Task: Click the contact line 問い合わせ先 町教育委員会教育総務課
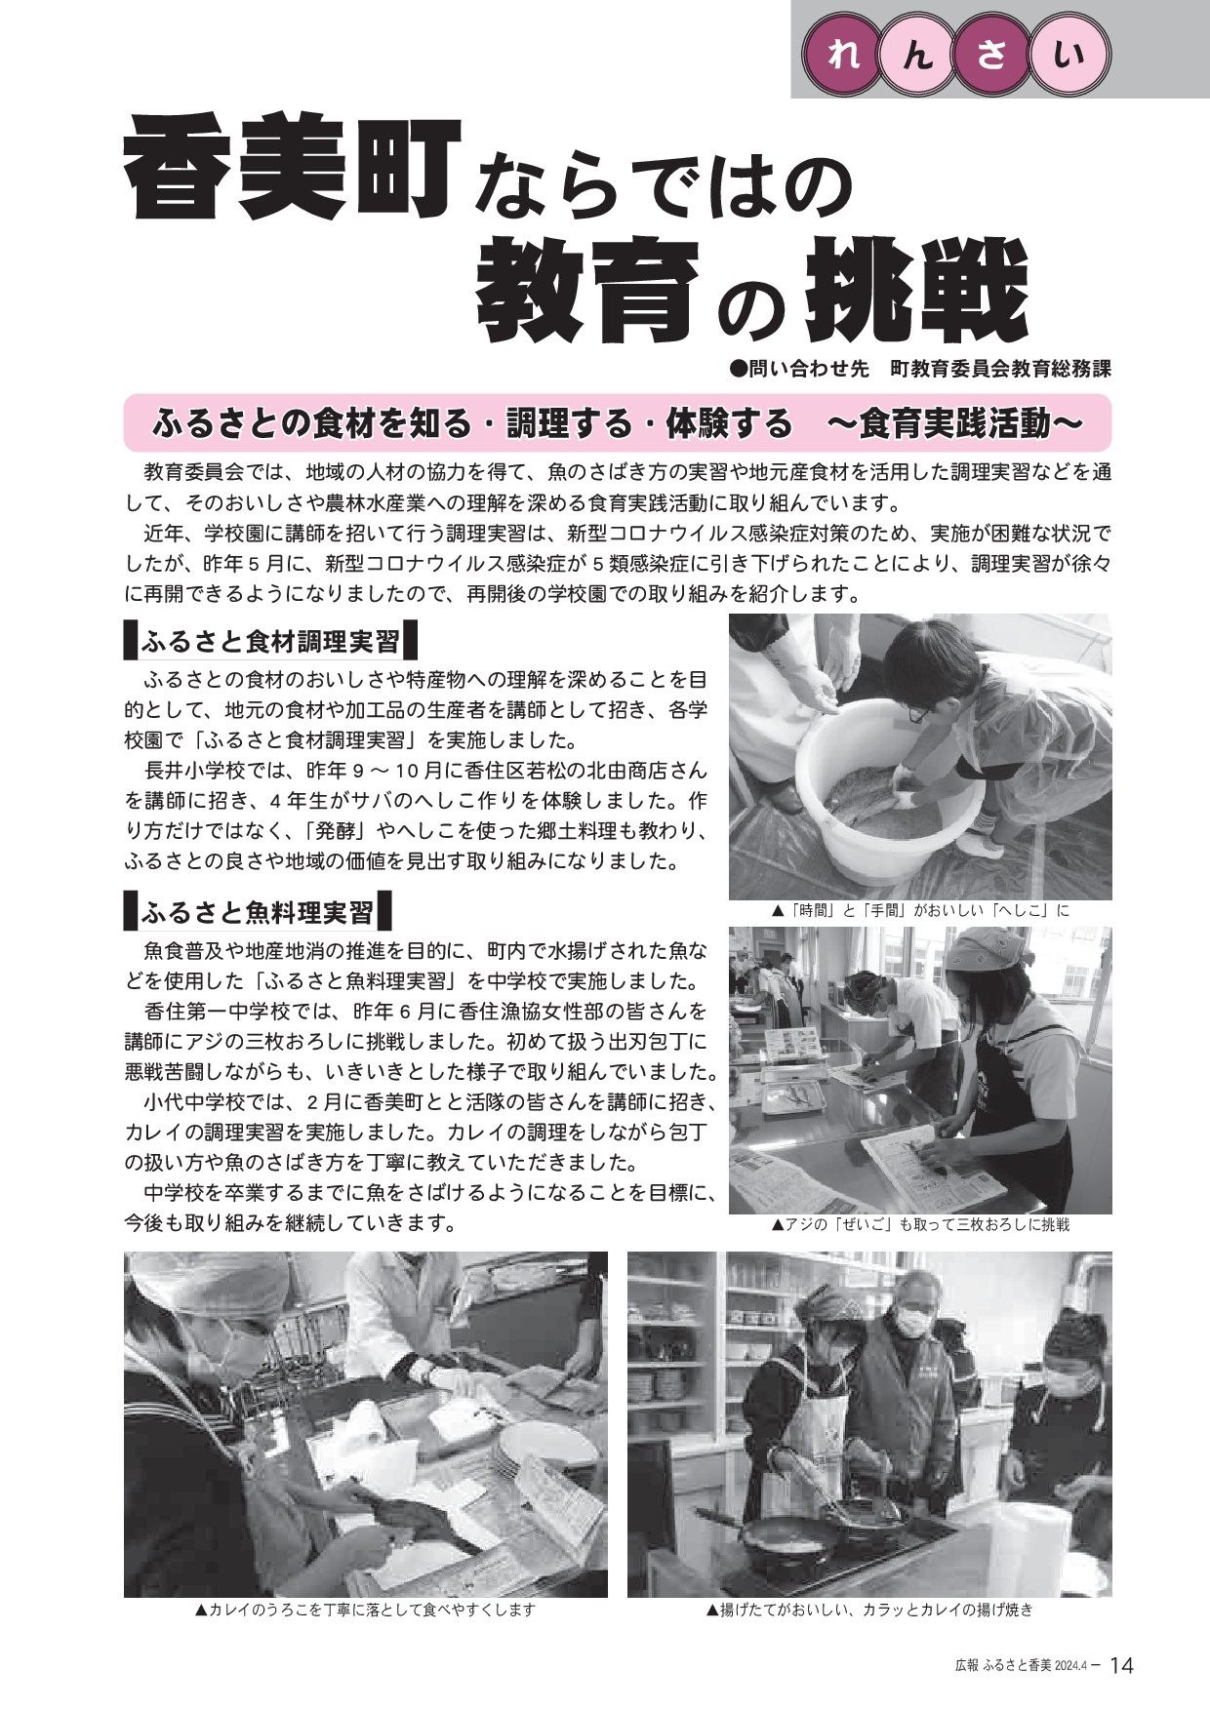point(920,369)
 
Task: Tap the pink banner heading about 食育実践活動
point(617,423)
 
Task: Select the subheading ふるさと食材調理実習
point(270,641)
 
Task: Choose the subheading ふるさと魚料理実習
point(258,912)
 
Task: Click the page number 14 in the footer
point(1121,1665)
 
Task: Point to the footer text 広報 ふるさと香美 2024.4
point(1021,1666)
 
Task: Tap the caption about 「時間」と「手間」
point(920,911)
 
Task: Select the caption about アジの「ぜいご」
point(920,1224)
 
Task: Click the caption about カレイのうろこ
point(366,1611)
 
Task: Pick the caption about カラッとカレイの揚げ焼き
point(869,1611)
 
